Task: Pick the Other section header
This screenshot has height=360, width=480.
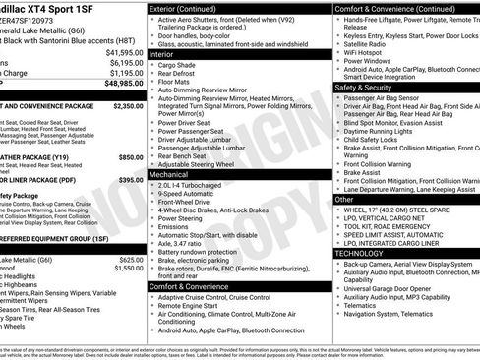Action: pyautogui.click(x=344, y=198)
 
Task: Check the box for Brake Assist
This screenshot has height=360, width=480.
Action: pyautogui.click(x=338, y=172)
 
